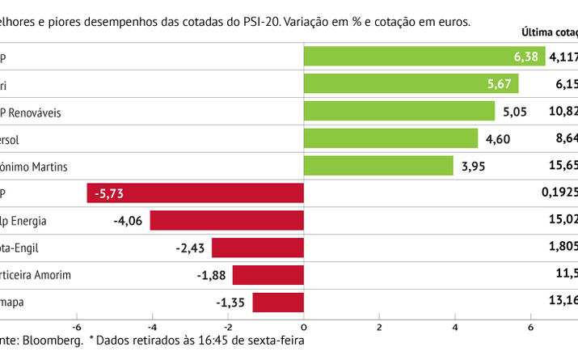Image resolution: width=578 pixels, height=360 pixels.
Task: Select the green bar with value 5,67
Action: pos(411,84)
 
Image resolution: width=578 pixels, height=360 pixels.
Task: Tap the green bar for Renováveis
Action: pos(399,111)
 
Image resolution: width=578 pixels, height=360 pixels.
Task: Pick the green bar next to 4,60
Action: pos(390,138)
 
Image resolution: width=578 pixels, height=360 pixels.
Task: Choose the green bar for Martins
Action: pos(378,166)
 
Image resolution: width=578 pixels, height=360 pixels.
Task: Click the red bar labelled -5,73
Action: pos(195,193)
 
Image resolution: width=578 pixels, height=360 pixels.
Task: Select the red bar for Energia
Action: pos(226,220)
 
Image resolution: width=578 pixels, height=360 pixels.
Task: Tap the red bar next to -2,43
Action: pos(257,248)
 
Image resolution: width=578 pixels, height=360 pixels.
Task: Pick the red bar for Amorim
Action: pos(268,275)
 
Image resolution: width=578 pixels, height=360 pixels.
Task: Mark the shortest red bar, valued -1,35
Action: pos(278,303)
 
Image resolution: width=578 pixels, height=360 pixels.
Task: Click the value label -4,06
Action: pos(128,220)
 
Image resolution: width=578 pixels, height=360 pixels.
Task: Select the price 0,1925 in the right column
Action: pos(559,193)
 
